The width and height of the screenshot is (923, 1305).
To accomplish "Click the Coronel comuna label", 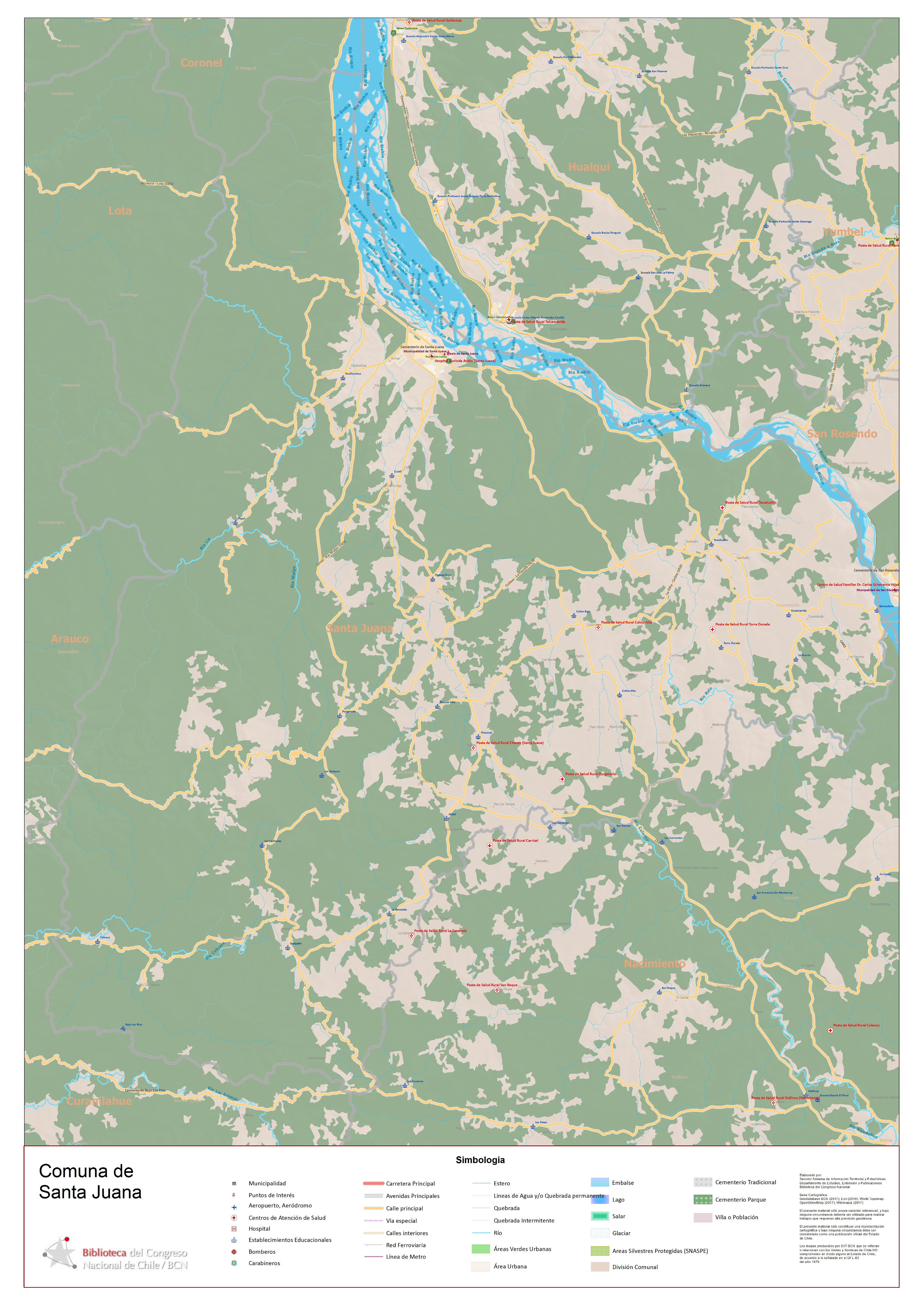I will click(201, 63).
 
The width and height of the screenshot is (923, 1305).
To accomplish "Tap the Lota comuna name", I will click(120, 211).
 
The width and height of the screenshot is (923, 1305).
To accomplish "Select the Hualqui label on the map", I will click(589, 166).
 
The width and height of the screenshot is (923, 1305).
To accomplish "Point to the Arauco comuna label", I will click(70, 639).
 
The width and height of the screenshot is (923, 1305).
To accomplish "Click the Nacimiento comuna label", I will click(655, 963).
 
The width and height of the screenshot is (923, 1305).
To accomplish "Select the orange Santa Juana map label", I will click(359, 628).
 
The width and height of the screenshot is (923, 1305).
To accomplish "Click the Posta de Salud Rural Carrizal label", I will click(515, 840).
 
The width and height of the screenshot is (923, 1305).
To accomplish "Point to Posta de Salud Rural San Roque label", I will click(492, 985).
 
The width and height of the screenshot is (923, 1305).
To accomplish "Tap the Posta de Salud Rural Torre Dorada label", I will click(742, 624).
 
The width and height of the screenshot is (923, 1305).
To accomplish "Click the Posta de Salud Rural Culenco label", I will click(856, 1025).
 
